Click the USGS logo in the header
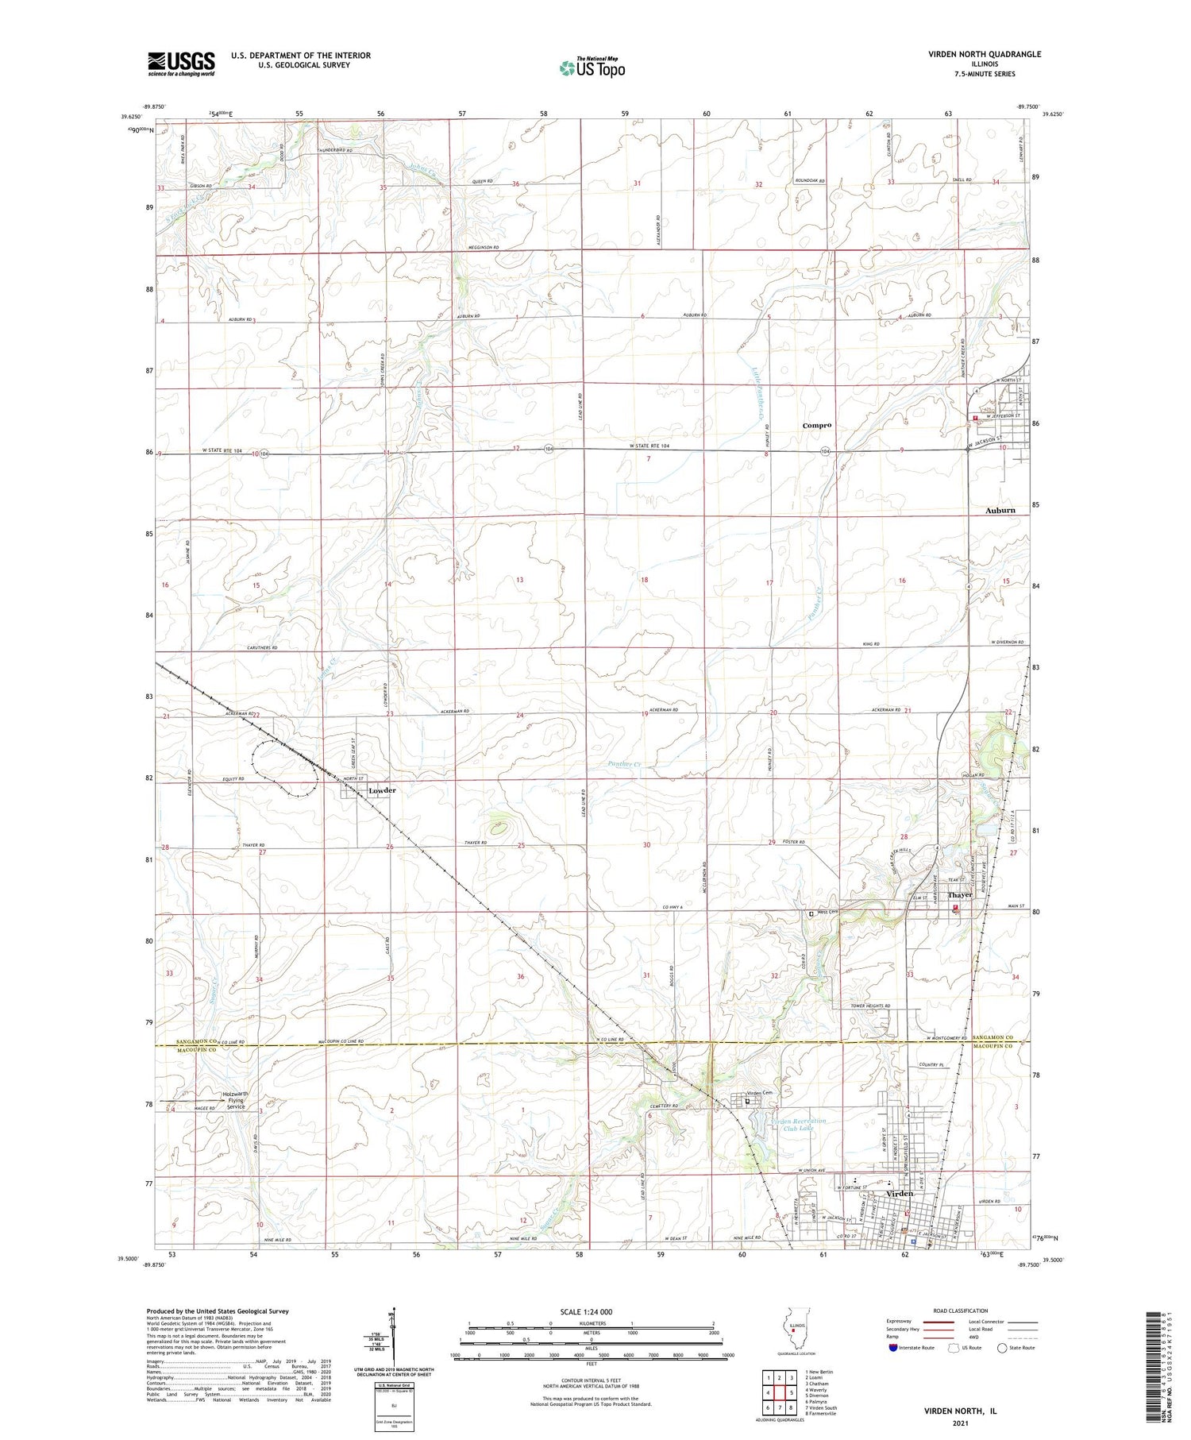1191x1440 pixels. click(181, 64)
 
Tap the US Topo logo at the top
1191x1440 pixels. click(592, 68)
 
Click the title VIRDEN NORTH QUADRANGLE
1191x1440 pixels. click(985, 54)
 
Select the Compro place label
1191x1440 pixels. click(816, 426)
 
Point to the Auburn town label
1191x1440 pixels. click(1000, 511)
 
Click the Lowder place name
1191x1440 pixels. click(381, 791)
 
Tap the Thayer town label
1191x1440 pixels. click(960, 895)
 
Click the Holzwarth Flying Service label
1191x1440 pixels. click(236, 1099)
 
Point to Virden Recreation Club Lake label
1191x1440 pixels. click(798, 1125)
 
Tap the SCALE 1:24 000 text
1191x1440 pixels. click(591, 1312)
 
